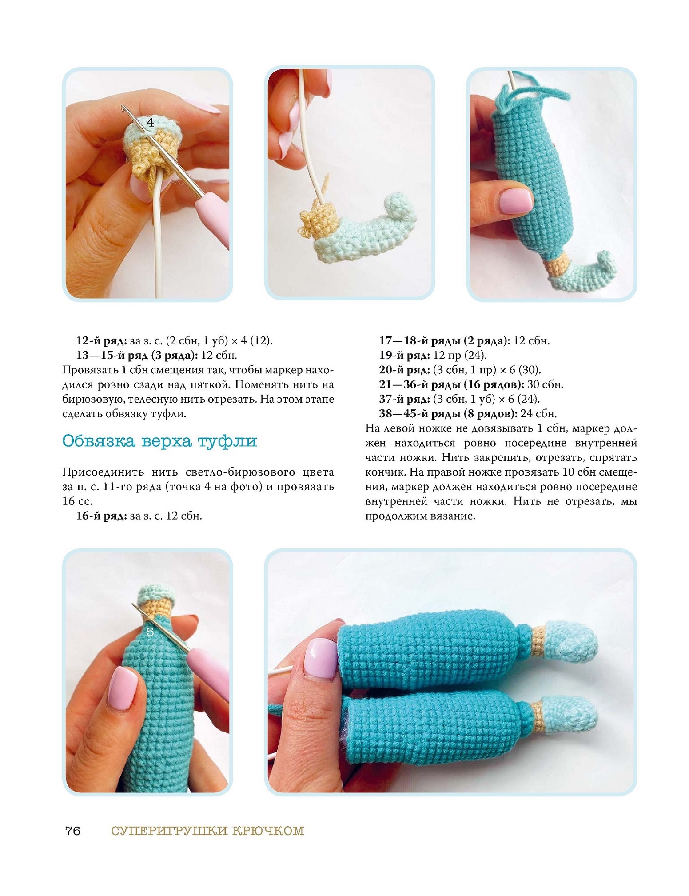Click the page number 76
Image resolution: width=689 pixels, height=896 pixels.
pyautogui.click(x=73, y=831)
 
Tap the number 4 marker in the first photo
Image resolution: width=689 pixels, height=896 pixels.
pyautogui.click(x=150, y=122)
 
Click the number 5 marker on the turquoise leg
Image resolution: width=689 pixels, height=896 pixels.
pyautogui.click(x=150, y=632)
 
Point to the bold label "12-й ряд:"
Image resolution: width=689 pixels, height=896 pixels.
pyautogui.click(x=102, y=341)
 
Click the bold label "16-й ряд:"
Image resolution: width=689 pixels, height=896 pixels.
pyautogui.click(x=102, y=516)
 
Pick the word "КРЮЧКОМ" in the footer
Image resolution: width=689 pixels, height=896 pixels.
pyautogui.click(x=268, y=831)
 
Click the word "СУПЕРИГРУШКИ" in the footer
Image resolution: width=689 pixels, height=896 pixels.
pyautogui.click(x=170, y=831)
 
